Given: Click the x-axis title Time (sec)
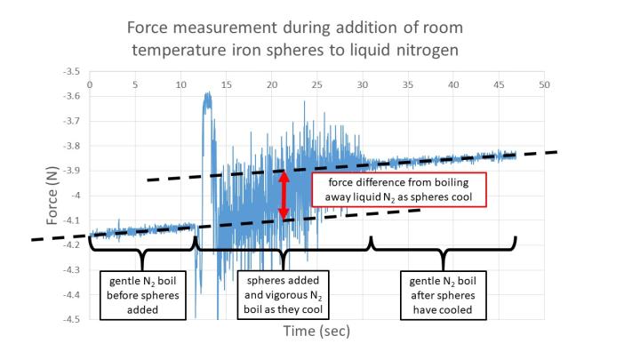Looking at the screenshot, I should point(316,332).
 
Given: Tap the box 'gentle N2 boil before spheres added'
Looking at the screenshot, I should point(140,292).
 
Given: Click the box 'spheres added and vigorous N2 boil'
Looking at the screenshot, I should point(282,292).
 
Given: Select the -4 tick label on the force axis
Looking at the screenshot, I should point(78,196).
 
